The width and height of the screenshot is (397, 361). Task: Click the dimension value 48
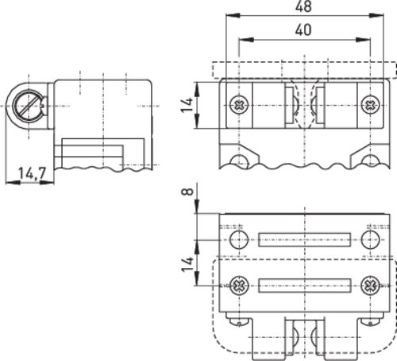303,6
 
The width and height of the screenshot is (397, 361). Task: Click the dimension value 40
303,29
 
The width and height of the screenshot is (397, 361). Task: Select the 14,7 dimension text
32,173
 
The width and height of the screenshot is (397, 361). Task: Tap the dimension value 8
188,192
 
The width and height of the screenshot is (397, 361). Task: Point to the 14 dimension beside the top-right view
187,105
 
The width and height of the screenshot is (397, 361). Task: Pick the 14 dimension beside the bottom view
187,264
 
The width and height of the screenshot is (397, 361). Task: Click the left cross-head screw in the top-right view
239,104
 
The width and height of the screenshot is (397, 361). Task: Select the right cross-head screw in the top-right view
370,104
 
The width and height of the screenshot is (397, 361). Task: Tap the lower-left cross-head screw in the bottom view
239,285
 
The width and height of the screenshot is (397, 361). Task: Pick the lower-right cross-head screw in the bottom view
370,285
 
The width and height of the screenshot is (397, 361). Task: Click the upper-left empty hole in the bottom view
239,239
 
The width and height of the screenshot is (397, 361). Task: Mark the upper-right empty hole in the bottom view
370,239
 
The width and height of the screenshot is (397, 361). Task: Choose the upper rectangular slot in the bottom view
304,240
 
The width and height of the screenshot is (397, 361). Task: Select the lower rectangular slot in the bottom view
305,285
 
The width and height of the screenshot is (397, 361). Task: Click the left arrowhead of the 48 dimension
233,15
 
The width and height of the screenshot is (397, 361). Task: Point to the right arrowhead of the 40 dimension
363,40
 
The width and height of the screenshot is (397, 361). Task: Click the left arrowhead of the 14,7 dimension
13,182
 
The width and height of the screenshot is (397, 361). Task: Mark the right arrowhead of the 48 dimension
376,15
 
